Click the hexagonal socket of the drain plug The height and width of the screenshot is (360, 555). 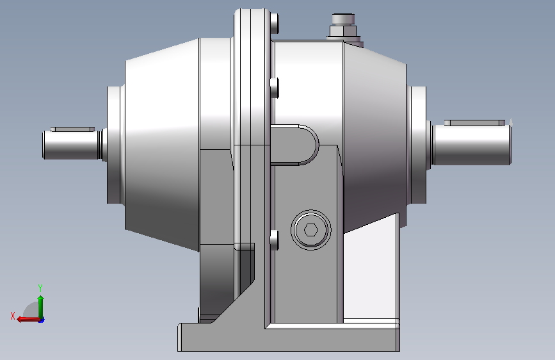pyautogui.click(x=311, y=230)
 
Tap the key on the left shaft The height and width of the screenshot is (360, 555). pyautogui.click(x=72, y=129)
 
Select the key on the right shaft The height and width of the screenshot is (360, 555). pyautogui.click(x=474, y=122)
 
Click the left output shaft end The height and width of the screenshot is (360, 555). pyautogui.click(x=70, y=145)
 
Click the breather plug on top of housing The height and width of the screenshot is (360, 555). pyautogui.click(x=343, y=19)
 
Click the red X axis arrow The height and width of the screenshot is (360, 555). pyautogui.click(x=28, y=320)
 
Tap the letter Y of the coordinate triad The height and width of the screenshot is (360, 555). pyautogui.click(x=40, y=288)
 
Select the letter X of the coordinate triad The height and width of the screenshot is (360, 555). pyautogui.click(x=13, y=316)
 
